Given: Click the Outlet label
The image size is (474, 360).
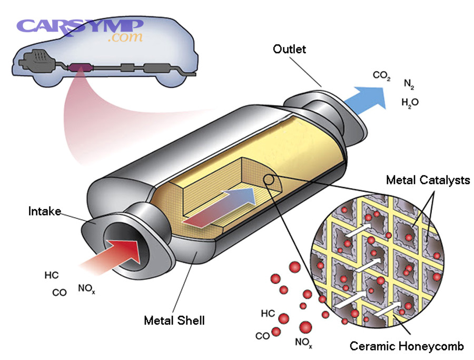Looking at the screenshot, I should click(289, 50).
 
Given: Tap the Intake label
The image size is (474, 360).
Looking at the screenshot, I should click(44, 212).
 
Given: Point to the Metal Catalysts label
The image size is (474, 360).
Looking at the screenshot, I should click(428, 180).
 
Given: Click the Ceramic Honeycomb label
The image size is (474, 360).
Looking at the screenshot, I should click(407, 346).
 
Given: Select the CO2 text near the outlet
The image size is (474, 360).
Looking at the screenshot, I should click(381, 75).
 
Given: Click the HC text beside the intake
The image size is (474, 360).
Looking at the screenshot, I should click(52, 275).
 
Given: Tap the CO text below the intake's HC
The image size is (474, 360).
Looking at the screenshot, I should click(60, 293).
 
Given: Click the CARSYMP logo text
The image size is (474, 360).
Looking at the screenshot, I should click(79, 26).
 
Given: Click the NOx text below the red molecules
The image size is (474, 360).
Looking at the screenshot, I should click(303, 343).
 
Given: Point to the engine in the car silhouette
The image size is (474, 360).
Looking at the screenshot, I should click(36, 59).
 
